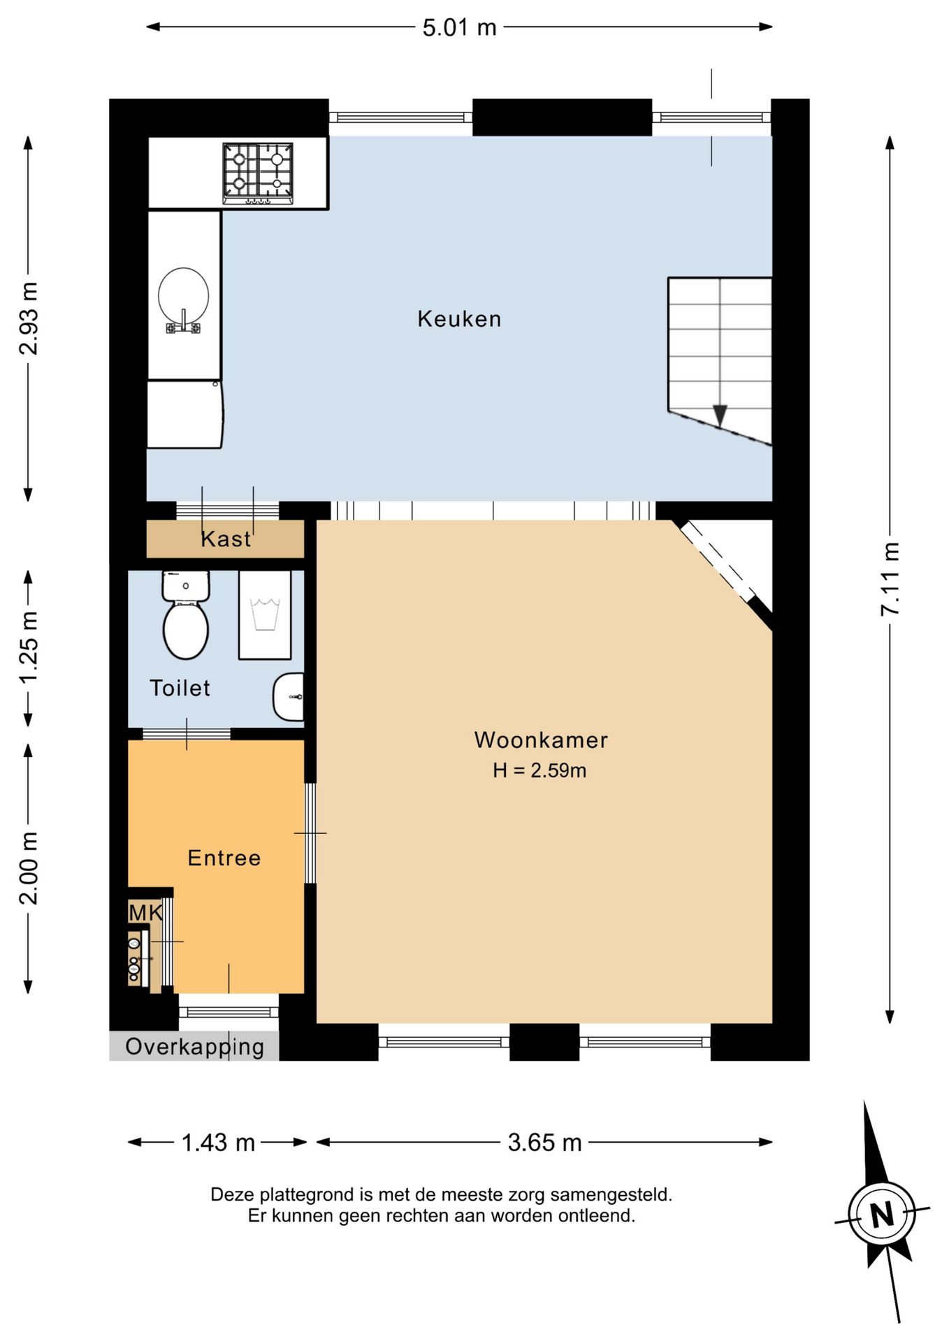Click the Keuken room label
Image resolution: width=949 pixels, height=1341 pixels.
coord(459,319)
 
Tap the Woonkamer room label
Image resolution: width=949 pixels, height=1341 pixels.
coord(541,740)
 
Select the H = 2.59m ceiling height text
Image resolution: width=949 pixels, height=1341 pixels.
coord(539,770)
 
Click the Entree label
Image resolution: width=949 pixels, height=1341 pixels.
coord(224,858)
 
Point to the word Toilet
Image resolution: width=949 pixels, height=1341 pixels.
coord(180,688)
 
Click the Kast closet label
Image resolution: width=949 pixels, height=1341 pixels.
coord(225,539)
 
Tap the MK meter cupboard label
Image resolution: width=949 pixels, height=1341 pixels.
coord(145,912)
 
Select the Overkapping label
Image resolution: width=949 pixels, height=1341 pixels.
coord(194,1047)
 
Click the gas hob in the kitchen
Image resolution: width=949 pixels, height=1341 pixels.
coord(258,173)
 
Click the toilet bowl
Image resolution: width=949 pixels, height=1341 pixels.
coord(186,631)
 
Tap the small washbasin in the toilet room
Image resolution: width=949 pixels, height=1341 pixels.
coord(289,697)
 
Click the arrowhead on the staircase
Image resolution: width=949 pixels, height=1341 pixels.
coord(720,416)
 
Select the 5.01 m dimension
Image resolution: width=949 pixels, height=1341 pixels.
coord(459,27)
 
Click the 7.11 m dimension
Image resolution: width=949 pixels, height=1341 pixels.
coord(890,579)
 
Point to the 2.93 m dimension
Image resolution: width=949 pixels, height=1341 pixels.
coord(28,318)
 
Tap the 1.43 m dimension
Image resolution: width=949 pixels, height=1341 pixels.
coord(218,1143)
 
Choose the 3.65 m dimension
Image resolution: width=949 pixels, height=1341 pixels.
coord(544,1143)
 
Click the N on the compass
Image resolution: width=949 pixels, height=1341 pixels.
coord(882,1214)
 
